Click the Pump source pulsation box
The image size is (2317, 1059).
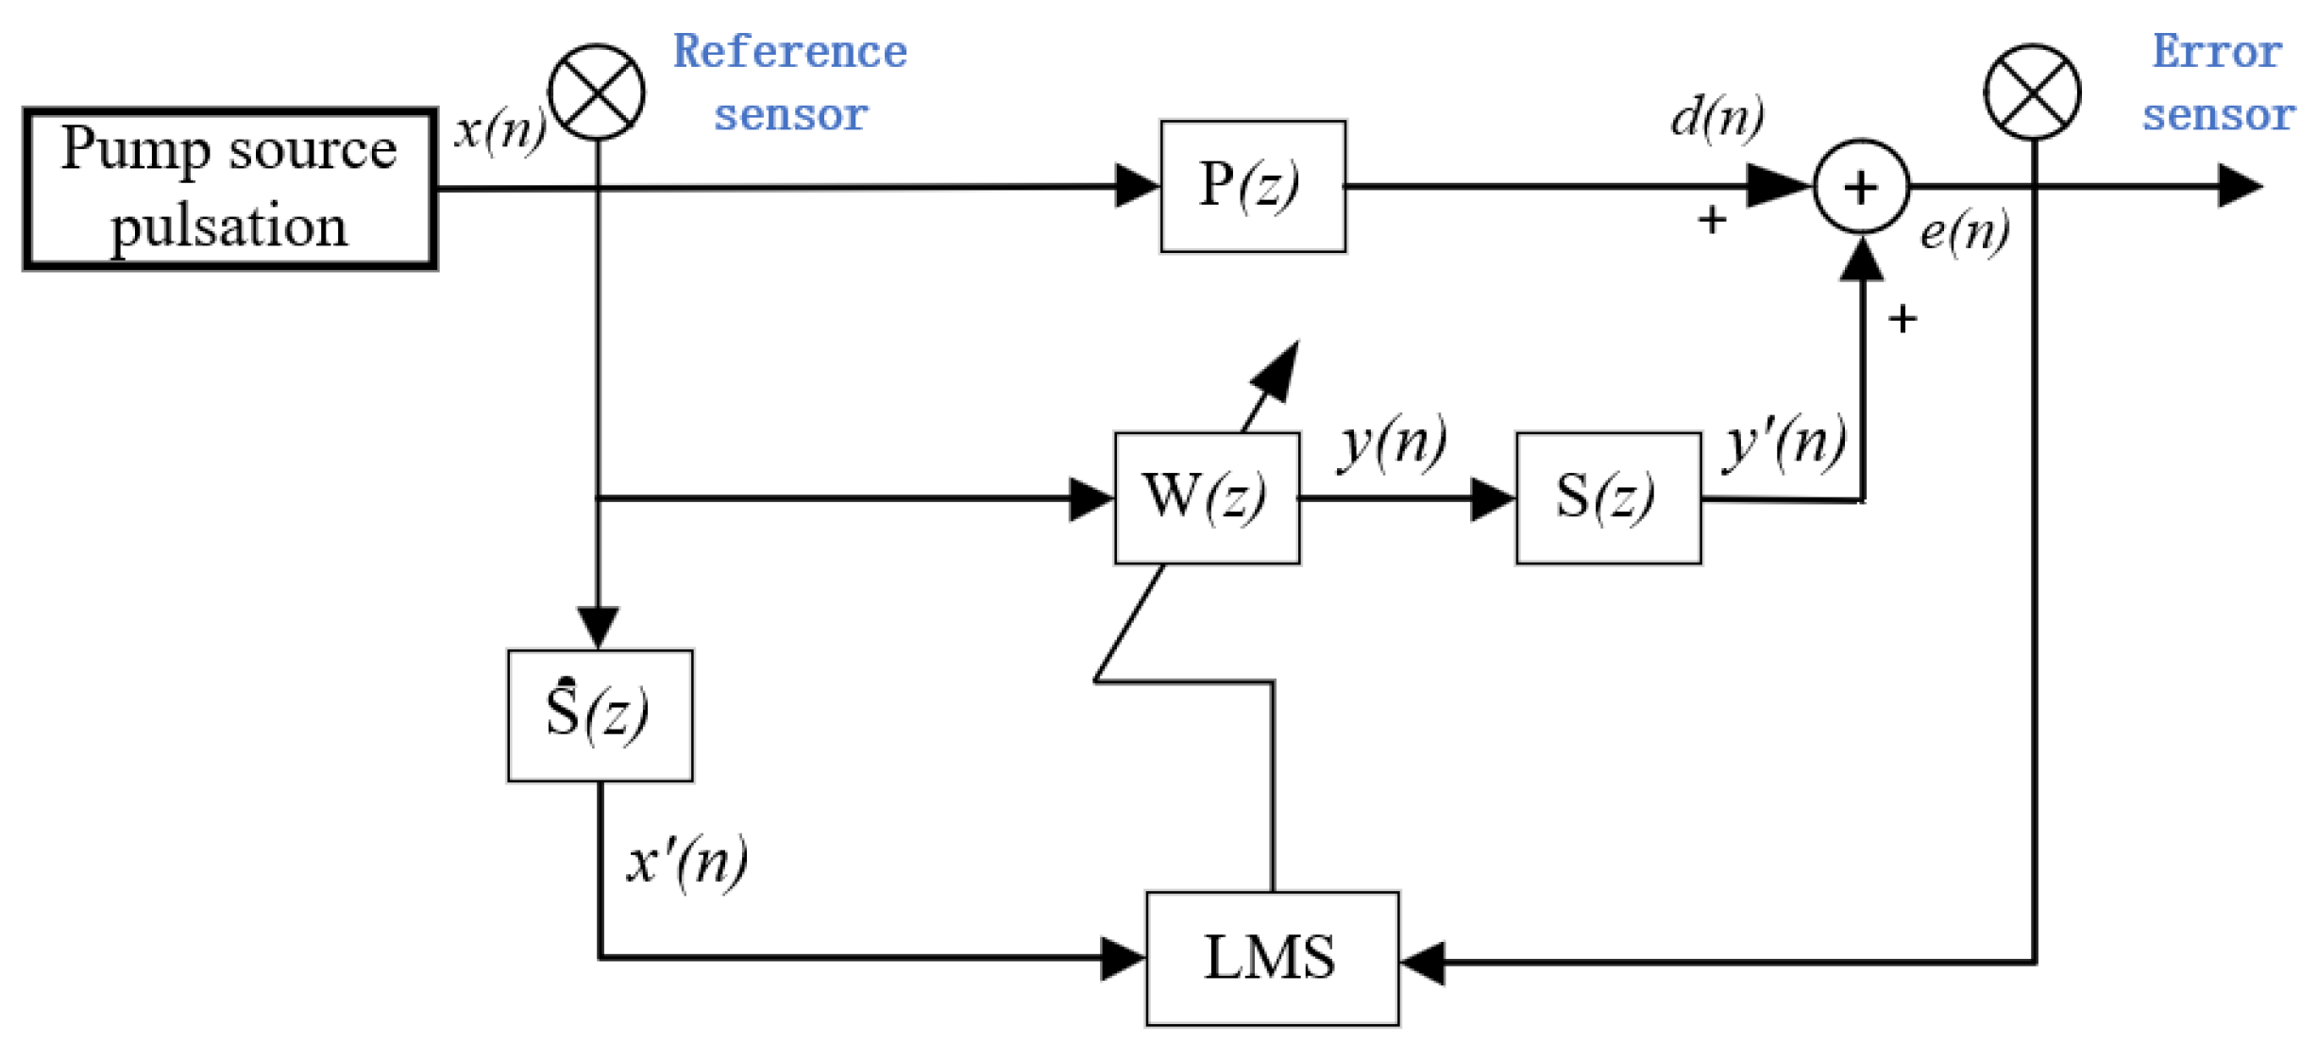[229, 189]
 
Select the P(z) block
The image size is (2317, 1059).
[1252, 186]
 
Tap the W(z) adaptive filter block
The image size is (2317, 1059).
[1206, 497]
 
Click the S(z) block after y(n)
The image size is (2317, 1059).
[1607, 497]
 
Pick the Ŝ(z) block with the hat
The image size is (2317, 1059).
[600, 714]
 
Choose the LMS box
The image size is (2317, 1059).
[1271, 957]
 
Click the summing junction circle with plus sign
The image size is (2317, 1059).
[1860, 186]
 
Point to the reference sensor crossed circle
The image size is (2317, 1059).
[596, 92]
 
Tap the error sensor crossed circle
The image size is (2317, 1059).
[2032, 92]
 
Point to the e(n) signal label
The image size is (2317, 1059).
[1964, 231]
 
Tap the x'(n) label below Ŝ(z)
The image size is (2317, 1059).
[686, 861]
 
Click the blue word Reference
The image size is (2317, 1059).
[789, 51]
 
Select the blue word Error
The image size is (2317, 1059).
[2216, 51]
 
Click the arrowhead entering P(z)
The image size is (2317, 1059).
[1136, 186]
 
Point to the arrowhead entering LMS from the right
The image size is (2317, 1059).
[1422, 963]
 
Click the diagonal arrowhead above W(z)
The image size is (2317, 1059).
[1277, 370]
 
